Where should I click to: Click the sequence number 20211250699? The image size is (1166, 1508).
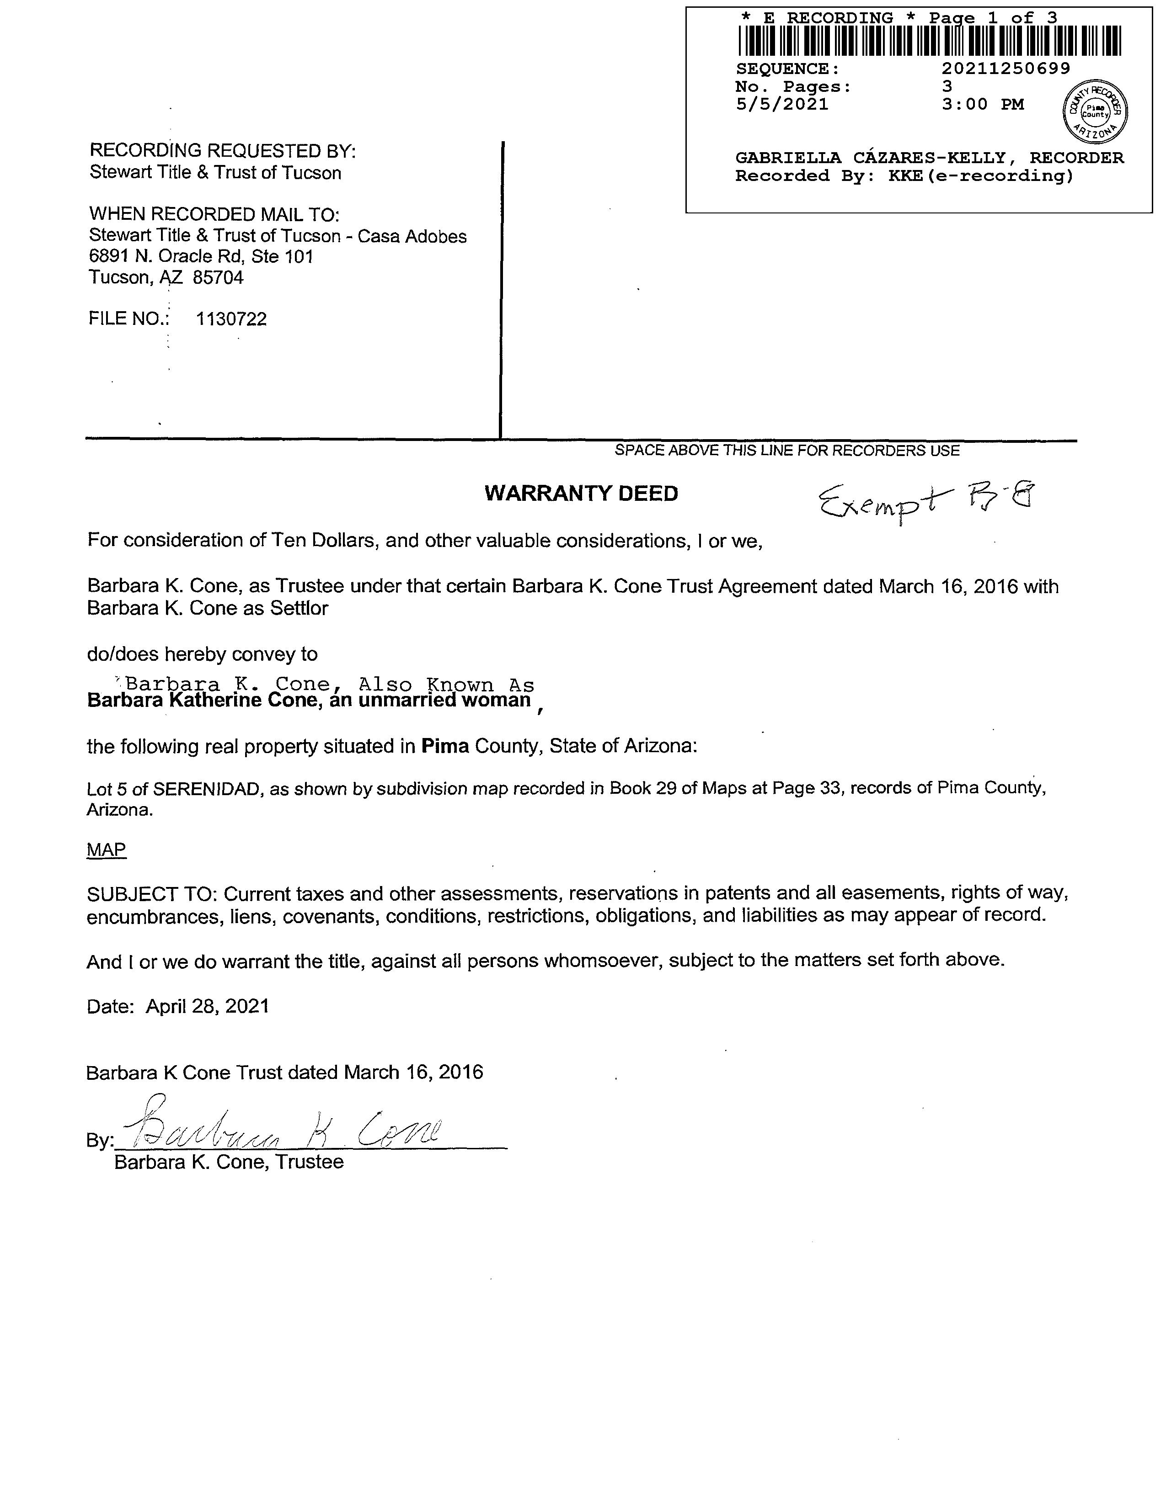1006,69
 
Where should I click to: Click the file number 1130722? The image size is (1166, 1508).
231,319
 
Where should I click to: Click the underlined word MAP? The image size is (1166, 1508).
107,850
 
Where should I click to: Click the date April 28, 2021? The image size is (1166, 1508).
207,1006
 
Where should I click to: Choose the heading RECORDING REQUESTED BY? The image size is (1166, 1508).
222,150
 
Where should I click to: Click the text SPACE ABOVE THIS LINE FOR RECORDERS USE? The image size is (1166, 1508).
787,451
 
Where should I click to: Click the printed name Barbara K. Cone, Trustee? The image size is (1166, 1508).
229,1162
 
